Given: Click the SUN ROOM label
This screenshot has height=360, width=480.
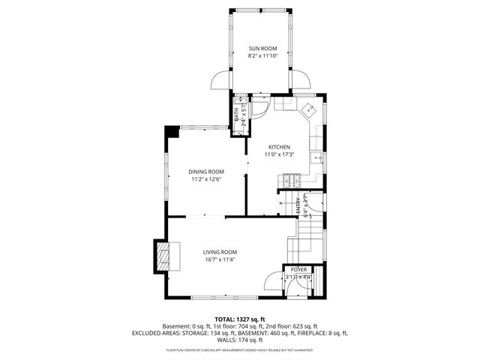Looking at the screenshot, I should pyautogui.click(x=259, y=49).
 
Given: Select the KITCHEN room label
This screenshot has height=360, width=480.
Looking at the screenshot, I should pyautogui.click(x=279, y=147).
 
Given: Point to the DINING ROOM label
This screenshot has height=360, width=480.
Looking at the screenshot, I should pyautogui.click(x=206, y=172).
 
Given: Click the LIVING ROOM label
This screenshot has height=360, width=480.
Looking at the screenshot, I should pyautogui.click(x=220, y=252).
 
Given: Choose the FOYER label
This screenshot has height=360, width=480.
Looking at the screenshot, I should pyautogui.click(x=299, y=268).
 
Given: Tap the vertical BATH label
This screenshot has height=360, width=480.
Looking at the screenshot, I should pyautogui.click(x=237, y=115).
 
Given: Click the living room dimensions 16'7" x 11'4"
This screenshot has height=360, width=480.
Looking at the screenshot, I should pyautogui.click(x=220, y=260).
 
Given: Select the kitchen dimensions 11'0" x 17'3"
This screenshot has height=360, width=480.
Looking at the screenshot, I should pyautogui.click(x=279, y=154).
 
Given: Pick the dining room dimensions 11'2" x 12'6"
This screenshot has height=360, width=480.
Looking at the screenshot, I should pyautogui.click(x=206, y=179).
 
